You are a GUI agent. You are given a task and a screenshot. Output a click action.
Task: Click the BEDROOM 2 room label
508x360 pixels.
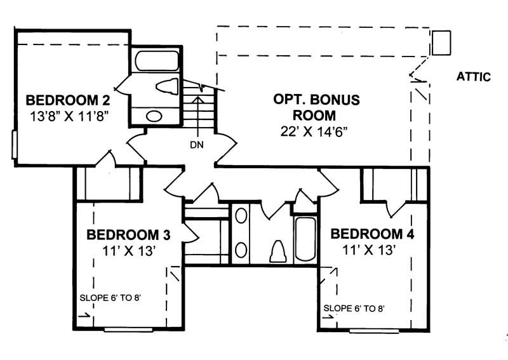pyautogui.click(x=69, y=100)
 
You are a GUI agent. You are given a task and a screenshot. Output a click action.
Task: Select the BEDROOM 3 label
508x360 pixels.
pyautogui.click(x=128, y=234)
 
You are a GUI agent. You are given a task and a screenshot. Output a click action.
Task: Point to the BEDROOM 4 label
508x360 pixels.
pyautogui.click(x=372, y=234)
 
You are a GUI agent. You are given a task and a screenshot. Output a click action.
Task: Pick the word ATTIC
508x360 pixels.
pyautogui.click(x=474, y=77)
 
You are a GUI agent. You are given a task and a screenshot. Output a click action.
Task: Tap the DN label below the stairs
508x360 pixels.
pyautogui.click(x=196, y=145)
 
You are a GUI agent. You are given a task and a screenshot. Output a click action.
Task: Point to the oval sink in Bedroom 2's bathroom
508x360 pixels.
pyautogui.click(x=154, y=116)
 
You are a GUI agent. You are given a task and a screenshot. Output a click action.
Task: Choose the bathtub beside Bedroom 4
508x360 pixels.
pyautogui.click(x=305, y=239)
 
